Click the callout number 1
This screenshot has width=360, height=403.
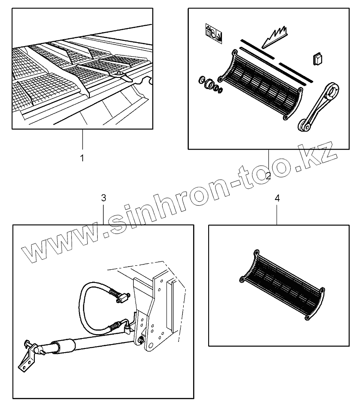[82, 158]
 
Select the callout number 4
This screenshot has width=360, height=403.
[277, 198]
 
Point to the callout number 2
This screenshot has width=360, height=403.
[268, 175]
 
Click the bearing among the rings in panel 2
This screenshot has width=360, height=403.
[210, 85]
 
